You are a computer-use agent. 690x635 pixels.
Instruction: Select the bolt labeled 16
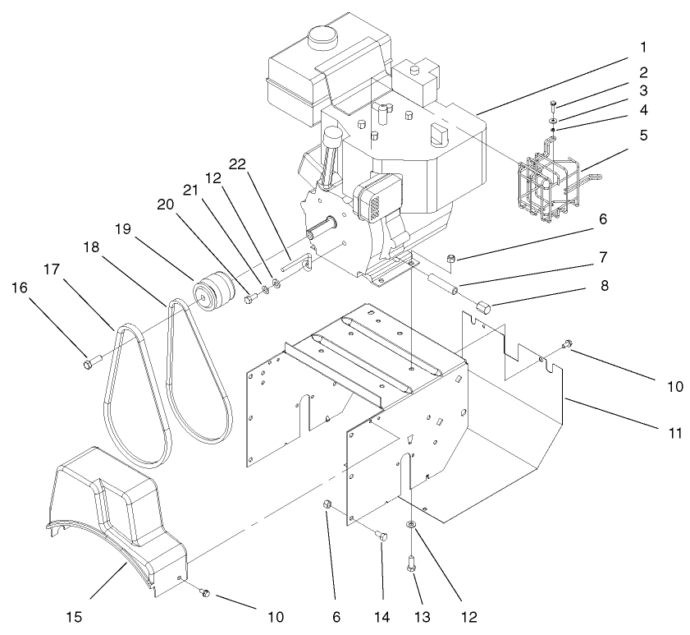click(90, 360)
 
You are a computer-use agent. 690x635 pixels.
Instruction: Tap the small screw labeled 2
click(553, 105)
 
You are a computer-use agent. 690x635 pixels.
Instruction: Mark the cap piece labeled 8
click(483, 308)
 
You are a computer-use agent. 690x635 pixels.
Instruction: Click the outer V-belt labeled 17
click(115, 394)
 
